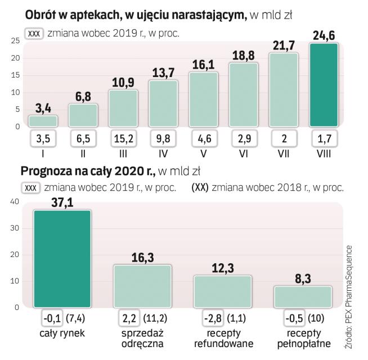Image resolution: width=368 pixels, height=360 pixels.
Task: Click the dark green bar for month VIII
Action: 322,85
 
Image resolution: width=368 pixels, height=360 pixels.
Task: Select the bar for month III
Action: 123,108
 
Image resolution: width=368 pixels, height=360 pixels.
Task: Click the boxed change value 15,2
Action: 123,138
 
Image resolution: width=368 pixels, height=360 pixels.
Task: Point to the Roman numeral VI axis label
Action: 243,152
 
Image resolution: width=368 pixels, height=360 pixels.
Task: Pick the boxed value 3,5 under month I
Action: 43,138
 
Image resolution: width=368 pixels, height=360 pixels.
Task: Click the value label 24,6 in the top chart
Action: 323,35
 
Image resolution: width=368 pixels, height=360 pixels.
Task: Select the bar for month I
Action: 43,120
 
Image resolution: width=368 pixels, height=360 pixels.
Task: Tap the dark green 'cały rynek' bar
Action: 62,259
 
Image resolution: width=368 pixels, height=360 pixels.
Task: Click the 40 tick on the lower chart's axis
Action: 15,201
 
